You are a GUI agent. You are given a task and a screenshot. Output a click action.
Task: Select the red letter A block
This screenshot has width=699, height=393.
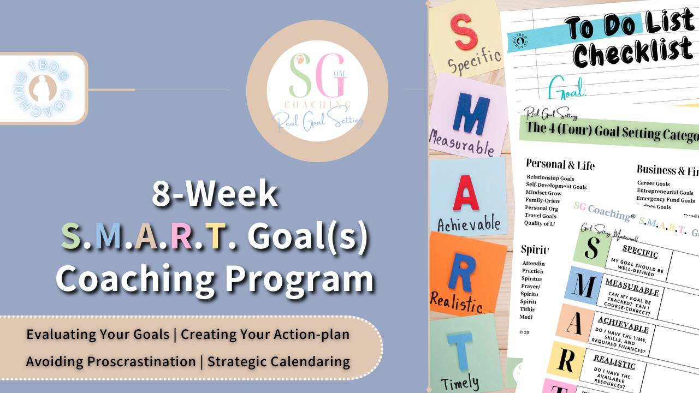(x=466, y=195)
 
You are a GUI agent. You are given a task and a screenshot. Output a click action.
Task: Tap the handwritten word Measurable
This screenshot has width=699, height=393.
(x=461, y=142)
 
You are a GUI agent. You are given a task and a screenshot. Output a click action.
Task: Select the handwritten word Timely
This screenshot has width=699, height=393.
(x=459, y=383)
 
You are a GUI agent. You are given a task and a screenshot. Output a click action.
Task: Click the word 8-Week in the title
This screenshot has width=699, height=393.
(x=215, y=194)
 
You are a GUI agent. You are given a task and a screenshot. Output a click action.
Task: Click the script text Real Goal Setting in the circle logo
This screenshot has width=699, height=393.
(x=317, y=120)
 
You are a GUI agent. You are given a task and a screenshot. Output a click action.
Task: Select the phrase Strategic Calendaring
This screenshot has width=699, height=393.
(x=279, y=361)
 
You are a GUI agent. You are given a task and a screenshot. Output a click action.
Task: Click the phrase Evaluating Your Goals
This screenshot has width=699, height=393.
(x=98, y=334)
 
